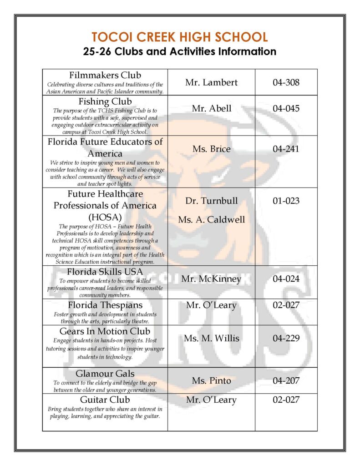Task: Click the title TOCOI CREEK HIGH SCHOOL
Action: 179,37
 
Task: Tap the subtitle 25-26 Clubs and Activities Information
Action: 179,51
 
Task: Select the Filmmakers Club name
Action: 105,75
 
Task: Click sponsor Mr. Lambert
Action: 211,82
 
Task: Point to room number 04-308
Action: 286,82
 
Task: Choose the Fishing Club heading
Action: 105,101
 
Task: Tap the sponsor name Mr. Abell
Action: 211,108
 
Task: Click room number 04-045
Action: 286,108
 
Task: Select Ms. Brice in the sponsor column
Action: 211,149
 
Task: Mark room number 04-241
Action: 286,149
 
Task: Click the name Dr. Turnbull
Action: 211,201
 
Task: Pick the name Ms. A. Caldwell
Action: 211,219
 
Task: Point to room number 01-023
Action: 286,201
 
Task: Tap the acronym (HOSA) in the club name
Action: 105,217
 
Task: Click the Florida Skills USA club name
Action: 105,272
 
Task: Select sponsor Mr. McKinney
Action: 211,279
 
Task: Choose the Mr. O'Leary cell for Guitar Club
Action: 211,400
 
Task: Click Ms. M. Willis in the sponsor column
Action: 211,339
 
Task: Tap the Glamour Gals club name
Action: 105,374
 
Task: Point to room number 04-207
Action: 286,380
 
